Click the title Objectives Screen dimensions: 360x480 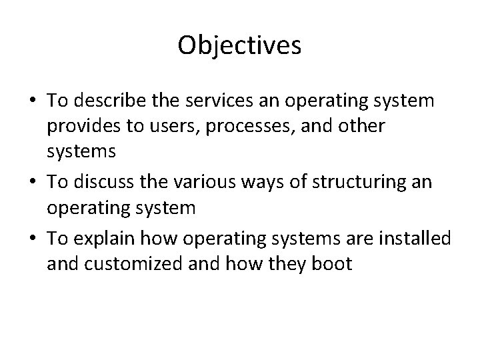(240, 45)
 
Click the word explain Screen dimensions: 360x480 (103, 237)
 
